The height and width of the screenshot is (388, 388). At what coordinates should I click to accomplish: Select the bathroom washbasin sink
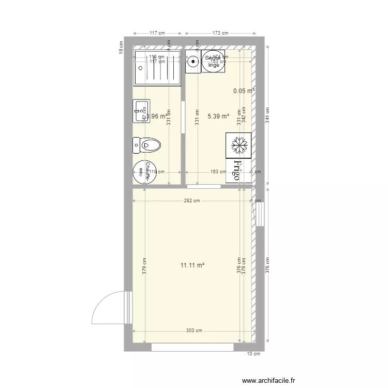(140, 111)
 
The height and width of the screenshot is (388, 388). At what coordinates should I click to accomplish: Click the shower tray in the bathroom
(157, 68)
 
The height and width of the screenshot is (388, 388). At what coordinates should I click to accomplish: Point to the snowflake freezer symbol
(238, 145)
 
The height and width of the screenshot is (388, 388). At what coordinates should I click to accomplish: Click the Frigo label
(238, 170)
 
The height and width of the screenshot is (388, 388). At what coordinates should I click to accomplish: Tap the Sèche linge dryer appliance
(214, 62)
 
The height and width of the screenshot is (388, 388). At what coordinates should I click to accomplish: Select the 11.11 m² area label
(192, 265)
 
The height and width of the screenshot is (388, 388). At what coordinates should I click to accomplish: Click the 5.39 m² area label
(218, 116)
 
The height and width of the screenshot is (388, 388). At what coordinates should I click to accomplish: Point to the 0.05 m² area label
(244, 91)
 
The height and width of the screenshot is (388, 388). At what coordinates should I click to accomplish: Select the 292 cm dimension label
(192, 201)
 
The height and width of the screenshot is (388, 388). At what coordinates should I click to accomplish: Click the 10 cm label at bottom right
(253, 354)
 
